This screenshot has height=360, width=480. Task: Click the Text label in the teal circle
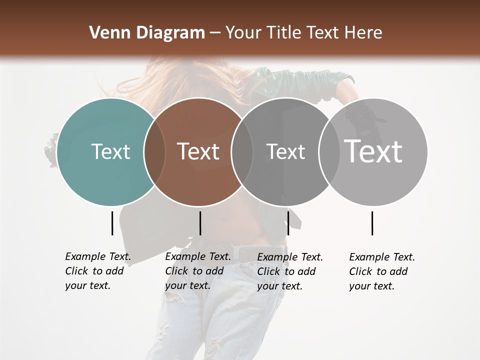[110, 151]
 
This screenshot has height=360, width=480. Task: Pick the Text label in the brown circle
[198, 151]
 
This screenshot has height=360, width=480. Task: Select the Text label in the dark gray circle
[285, 151]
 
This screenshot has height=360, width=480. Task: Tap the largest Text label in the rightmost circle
[373, 151]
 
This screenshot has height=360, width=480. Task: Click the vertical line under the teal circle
[112, 223]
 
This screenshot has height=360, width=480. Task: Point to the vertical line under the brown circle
[200, 223]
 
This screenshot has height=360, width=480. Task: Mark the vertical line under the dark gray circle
[288, 223]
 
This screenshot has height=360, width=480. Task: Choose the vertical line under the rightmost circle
[372, 223]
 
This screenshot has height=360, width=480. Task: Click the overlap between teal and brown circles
[154, 151]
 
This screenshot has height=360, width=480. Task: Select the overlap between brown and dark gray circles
[241, 151]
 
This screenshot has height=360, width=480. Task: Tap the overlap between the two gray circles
[329, 151]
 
